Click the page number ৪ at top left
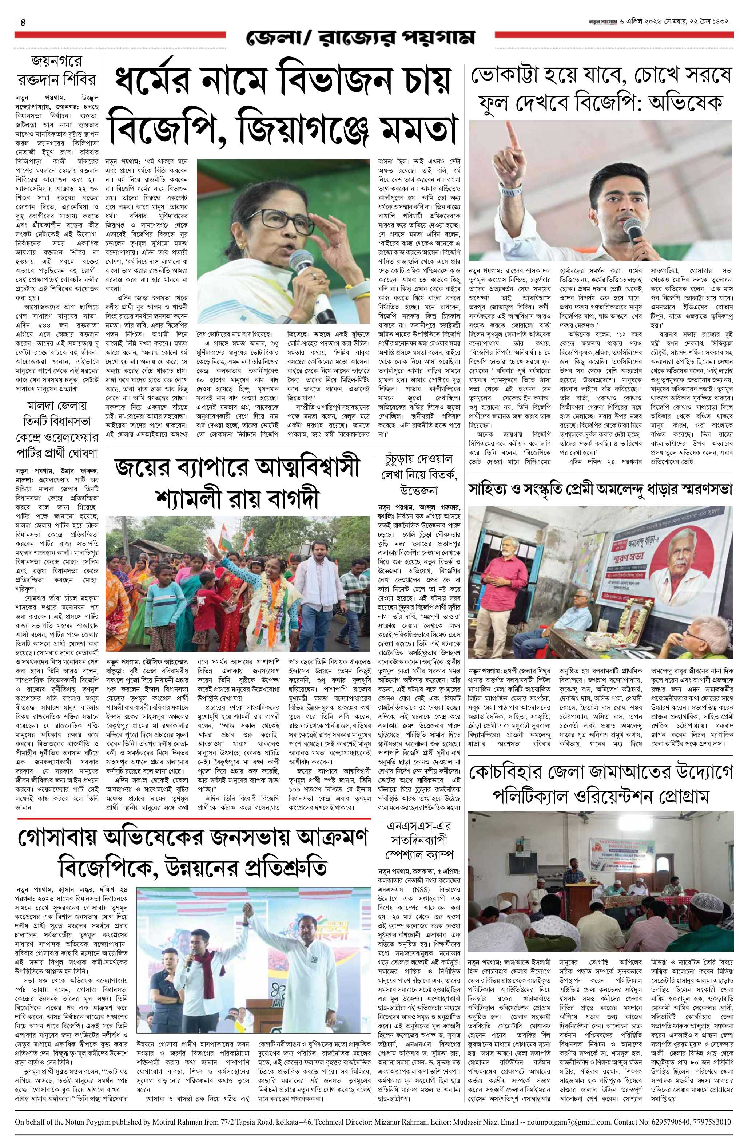click(x=23, y=23)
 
